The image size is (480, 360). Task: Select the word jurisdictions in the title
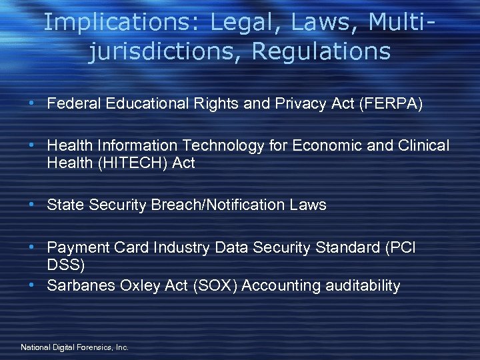pyautogui.click(x=157, y=50)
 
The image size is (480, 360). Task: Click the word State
pyautogui.click(x=64, y=205)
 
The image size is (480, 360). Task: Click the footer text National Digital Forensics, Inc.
pyautogui.click(x=75, y=347)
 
